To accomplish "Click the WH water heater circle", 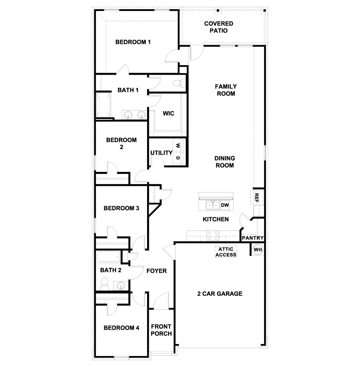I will pyautogui.click(x=257, y=250).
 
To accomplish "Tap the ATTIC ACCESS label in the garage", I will pyautogui.click(x=226, y=252).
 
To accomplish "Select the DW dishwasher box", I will pyautogui.click(x=225, y=205).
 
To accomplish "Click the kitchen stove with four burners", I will pyautogui.click(x=213, y=235).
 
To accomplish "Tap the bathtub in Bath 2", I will pyautogui.click(x=108, y=257).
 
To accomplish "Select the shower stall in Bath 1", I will pyautogui.click(x=104, y=105).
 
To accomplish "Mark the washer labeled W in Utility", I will pyautogui.click(x=178, y=145).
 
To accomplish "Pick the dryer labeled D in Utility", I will pyautogui.click(x=178, y=158).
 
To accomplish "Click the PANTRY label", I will pyautogui.click(x=253, y=238).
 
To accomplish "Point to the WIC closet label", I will pyautogui.click(x=168, y=113).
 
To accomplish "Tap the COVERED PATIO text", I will pyautogui.click(x=218, y=27).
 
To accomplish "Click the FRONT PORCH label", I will pyautogui.click(x=161, y=330).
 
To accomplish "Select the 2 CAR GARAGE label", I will pyautogui.click(x=220, y=294).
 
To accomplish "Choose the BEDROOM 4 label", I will pyautogui.click(x=121, y=328).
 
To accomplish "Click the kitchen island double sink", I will pyautogui.click(x=213, y=205).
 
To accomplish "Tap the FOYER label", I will pyautogui.click(x=156, y=271).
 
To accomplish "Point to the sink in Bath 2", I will pyautogui.click(x=120, y=285).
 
